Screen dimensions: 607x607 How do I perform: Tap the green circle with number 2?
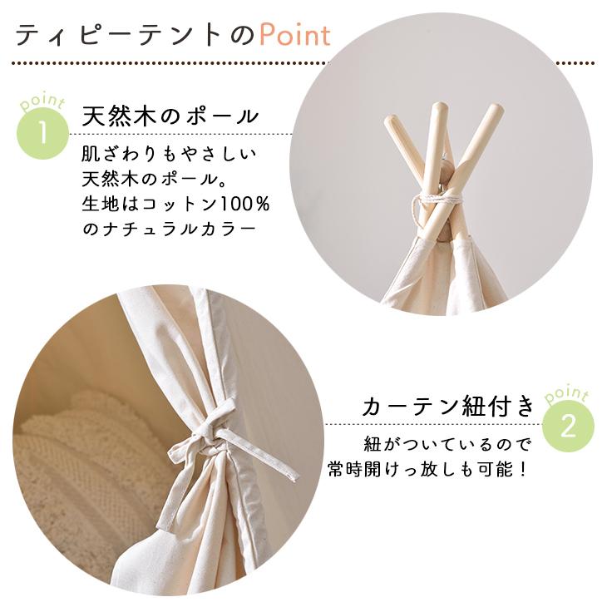568,426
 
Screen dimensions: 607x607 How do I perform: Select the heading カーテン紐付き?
447,407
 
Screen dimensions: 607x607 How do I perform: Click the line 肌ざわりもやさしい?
169,155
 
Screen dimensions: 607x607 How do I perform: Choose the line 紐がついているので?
448,442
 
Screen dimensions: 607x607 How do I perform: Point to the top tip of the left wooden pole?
390,122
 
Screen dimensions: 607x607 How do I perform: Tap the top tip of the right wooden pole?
495,110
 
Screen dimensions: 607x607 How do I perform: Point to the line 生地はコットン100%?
175,205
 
